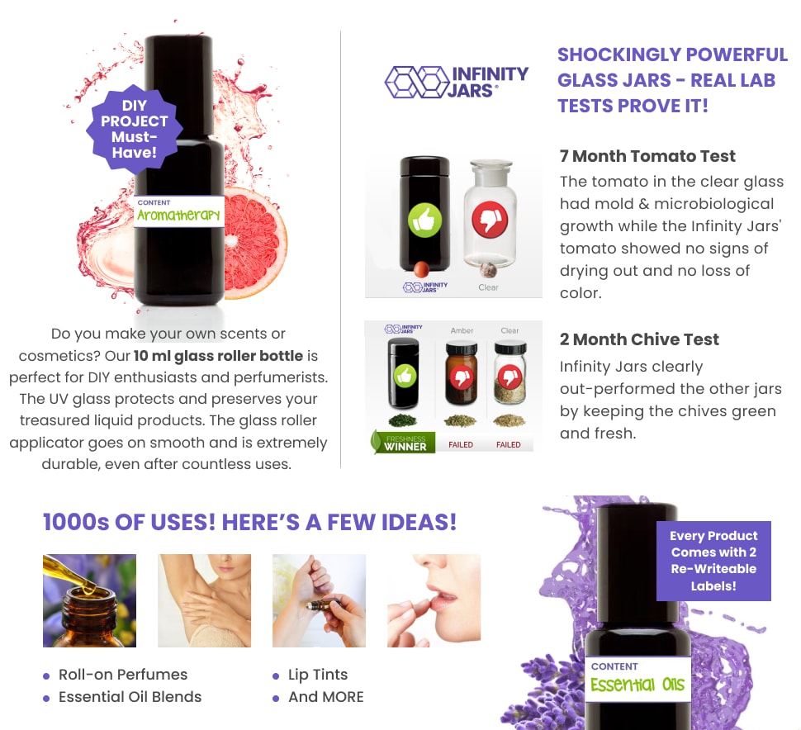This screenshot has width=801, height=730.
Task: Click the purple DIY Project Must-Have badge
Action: [x=134, y=129]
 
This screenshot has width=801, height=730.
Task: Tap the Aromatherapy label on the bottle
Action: [x=179, y=211]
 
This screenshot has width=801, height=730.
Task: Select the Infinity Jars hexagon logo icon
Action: [x=417, y=82]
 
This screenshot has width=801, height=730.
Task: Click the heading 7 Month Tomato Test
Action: [x=647, y=156]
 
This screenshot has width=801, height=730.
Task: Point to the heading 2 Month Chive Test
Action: [x=639, y=339]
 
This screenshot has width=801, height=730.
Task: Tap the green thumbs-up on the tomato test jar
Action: [x=424, y=220]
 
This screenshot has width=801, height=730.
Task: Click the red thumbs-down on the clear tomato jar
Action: [x=490, y=220]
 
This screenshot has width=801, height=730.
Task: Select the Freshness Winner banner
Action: [x=403, y=443]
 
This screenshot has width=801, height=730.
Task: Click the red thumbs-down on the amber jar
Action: [x=462, y=378]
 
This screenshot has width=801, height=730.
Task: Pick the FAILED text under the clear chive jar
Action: [x=509, y=444]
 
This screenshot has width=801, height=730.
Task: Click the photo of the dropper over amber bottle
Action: [x=89, y=600]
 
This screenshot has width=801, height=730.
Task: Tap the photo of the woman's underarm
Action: [x=204, y=600]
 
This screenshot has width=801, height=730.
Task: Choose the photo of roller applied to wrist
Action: [x=320, y=600]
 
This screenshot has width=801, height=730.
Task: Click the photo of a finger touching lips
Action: [x=434, y=600]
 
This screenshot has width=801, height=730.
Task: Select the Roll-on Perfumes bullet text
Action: [x=123, y=675]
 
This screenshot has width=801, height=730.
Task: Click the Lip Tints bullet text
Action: [x=318, y=675]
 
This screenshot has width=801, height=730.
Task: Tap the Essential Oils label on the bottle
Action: [x=638, y=679]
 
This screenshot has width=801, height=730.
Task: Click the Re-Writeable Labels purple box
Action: [x=713, y=561]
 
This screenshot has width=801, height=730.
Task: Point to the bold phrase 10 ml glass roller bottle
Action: [x=218, y=356]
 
